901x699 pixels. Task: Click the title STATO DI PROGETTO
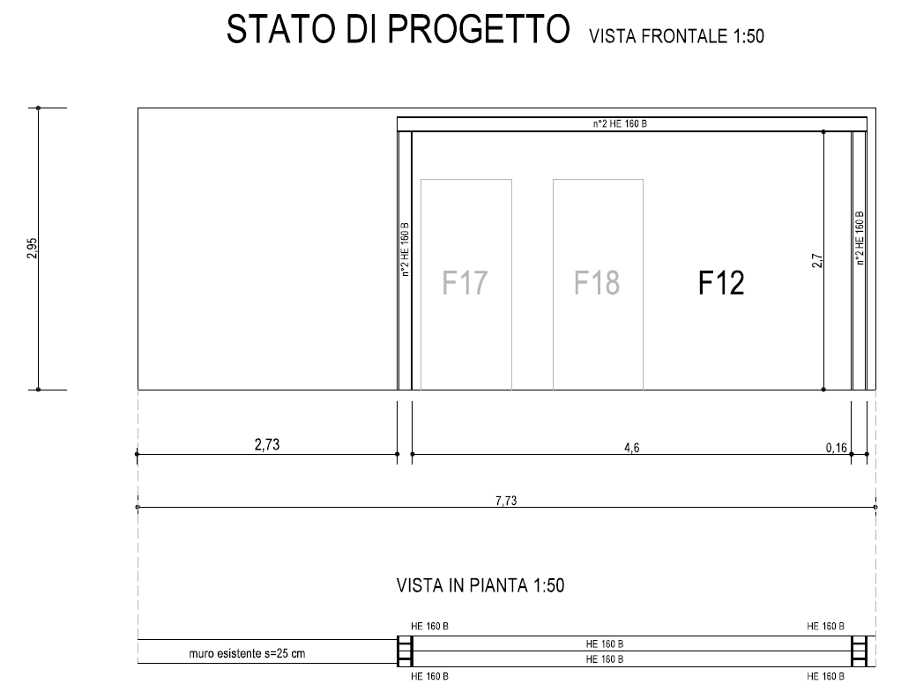click(x=398, y=29)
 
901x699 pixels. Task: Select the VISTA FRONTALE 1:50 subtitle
click(x=676, y=36)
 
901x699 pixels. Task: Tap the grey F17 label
click(x=465, y=282)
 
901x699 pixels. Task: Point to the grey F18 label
click(x=597, y=282)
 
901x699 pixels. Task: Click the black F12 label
click(x=721, y=283)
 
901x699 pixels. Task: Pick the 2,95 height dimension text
click(x=32, y=248)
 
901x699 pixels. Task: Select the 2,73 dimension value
click(x=267, y=444)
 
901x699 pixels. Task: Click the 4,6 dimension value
click(x=632, y=448)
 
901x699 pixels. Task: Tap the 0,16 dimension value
click(x=837, y=448)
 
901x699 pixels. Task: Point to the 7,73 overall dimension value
click(x=506, y=501)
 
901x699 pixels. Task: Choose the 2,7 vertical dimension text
click(x=817, y=261)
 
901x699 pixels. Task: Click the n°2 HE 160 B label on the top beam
click(x=620, y=123)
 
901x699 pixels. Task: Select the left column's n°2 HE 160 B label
click(x=405, y=249)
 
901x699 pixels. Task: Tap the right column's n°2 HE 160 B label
click(x=860, y=238)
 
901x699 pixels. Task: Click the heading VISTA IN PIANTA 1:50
click(x=480, y=585)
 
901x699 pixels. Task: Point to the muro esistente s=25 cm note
click(x=247, y=654)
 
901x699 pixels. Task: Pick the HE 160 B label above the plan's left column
click(x=430, y=626)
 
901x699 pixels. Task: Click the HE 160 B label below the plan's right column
click(x=826, y=677)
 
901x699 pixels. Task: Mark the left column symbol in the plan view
click(x=405, y=651)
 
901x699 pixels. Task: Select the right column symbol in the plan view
click(x=859, y=651)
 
